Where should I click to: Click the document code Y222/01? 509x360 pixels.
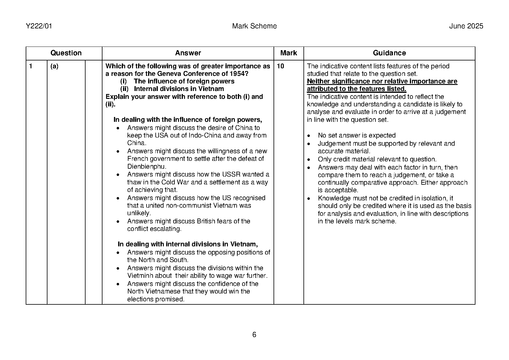(39, 26)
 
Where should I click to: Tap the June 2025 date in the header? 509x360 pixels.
(466, 26)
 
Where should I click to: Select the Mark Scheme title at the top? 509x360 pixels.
(254, 26)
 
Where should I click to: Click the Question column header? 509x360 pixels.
(66, 53)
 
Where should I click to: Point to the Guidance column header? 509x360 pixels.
(389, 53)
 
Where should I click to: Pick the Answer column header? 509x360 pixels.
(188, 53)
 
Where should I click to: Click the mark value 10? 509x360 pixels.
(280, 66)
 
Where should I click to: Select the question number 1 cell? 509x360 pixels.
(31, 66)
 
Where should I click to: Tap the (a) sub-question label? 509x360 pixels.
(54, 66)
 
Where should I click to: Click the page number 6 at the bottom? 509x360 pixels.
(254, 335)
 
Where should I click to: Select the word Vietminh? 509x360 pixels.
(140, 276)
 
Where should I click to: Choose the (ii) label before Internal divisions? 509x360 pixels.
(124, 89)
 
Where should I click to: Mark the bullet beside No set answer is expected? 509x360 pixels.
(309, 136)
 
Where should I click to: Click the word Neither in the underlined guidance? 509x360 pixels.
(318, 81)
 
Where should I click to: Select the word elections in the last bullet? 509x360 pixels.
(140, 299)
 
